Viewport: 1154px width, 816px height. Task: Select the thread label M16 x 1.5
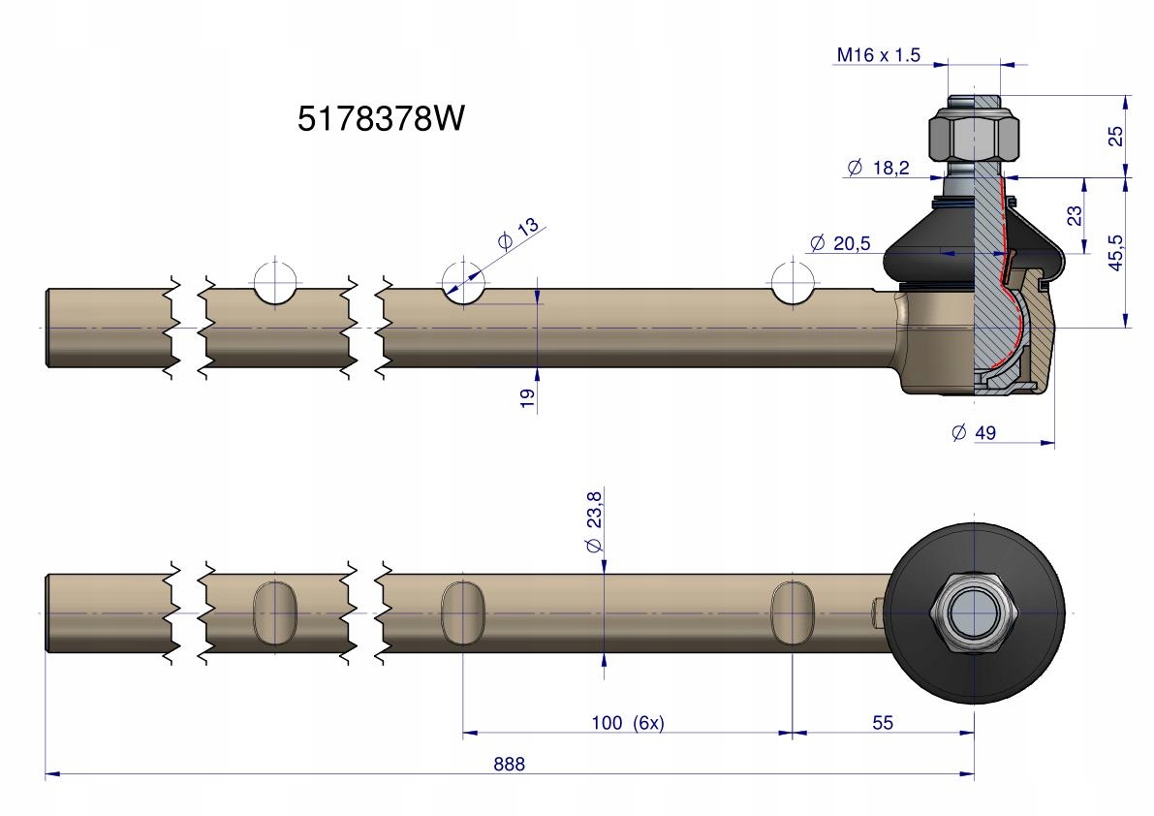click(x=878, y=56)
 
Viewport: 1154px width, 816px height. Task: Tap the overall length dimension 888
click(x=509, y=764)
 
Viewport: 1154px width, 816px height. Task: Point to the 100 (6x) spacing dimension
click(x=627, y=723)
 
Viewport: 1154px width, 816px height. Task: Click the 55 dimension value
click(x=882, y=723)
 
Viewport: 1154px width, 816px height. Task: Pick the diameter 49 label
click(x=974, y=433)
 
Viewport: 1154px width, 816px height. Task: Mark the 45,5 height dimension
click(x=1116, y=253)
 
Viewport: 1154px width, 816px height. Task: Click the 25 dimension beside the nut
click(x=1116, y=137)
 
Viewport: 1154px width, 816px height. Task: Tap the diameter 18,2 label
click(x=878, y=168)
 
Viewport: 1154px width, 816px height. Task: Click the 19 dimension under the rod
click(x=527, y=397)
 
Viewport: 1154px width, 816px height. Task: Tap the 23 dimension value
click(x=1074, y=214)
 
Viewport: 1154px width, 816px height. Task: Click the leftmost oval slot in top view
click(x=272, y=612)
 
